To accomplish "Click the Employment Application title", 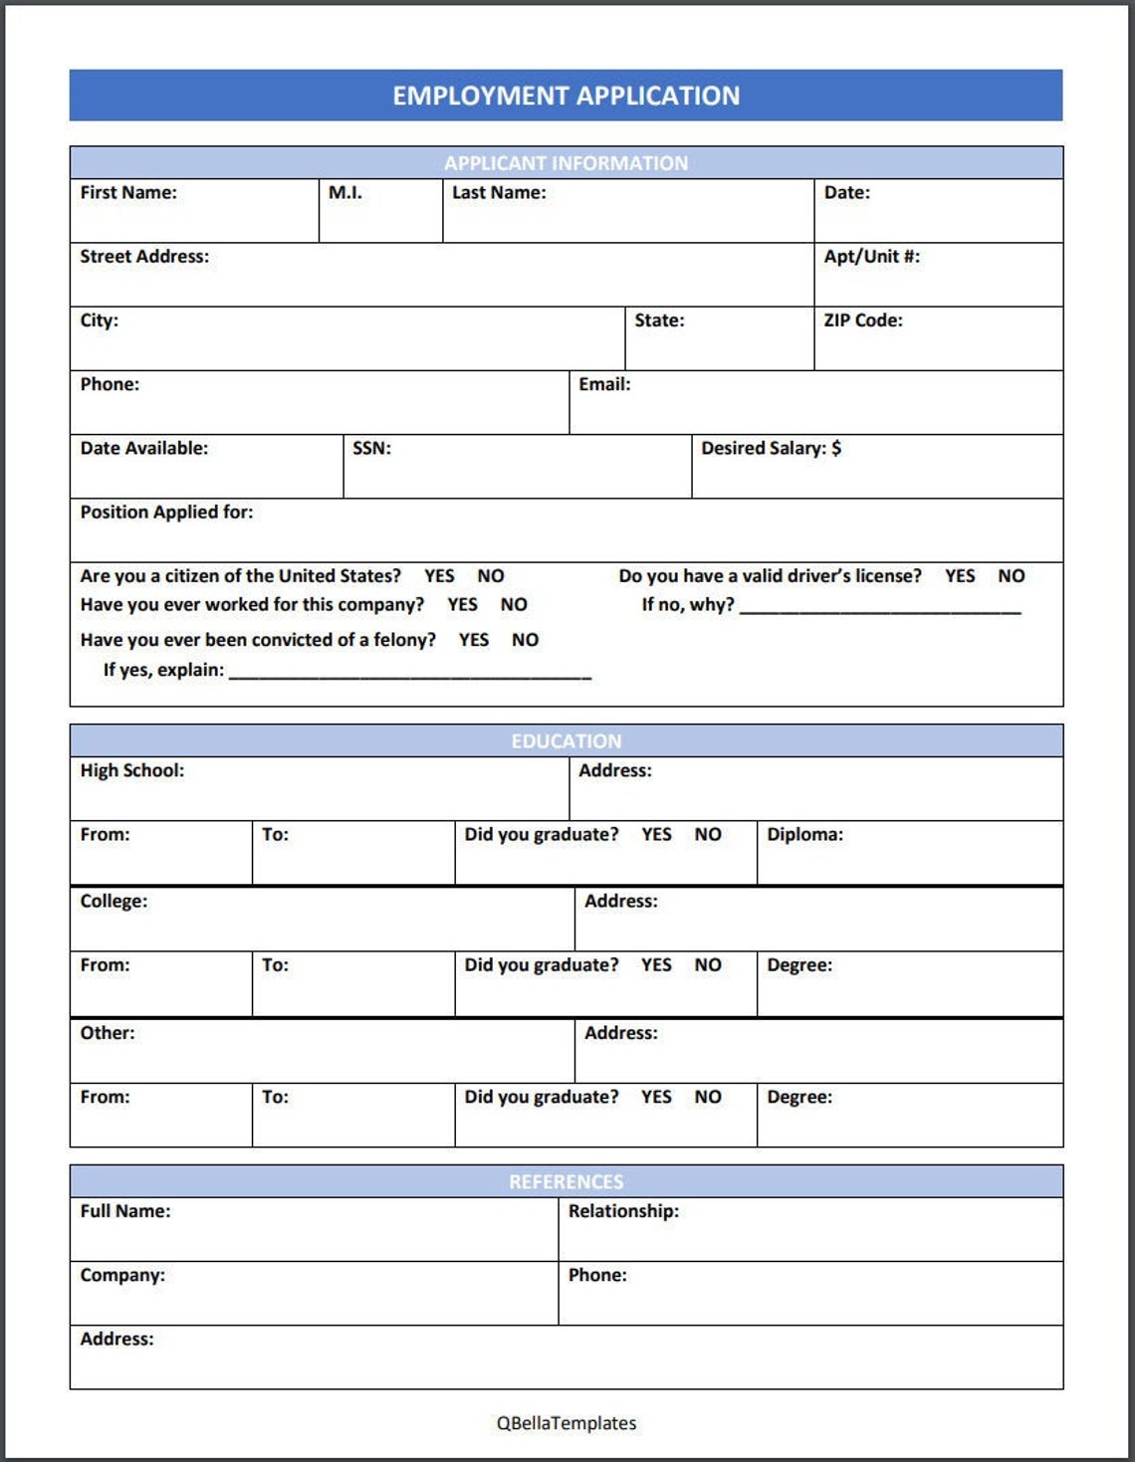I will point(566,96).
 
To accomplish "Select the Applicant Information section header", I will point(566,163).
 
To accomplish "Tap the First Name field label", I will point(128,193).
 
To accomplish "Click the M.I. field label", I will point(345,193).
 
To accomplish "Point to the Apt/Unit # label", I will point(871,257).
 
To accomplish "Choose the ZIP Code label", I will point(862,320).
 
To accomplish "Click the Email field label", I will point(604,384).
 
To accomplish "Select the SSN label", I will point(371,449).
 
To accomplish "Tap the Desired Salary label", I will point(771,449).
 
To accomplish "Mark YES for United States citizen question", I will point(439,576).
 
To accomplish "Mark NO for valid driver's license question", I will point(1011,576).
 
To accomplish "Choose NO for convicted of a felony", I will point(525,640).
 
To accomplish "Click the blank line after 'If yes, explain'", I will point(410,673).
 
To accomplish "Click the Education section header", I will point(566,741).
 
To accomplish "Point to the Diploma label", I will point(804,835).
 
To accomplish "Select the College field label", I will point(113,902).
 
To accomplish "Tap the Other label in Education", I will point(108,1033).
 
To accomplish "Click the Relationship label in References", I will point(623,1211).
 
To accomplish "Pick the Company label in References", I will point(122,1276).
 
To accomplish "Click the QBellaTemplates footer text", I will point(567,1423).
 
